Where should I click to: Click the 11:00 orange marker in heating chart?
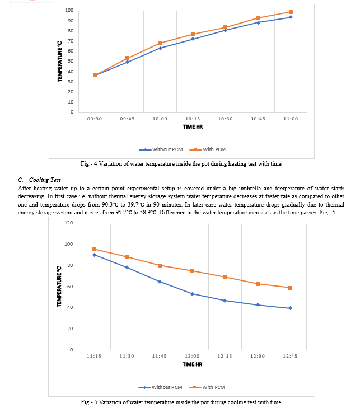pos(291,12)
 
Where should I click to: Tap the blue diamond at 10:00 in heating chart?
pos(160,48)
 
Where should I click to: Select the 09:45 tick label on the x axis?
pos(127,119)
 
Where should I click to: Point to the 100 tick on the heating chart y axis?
pos(69,10)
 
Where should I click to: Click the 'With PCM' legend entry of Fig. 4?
pos(208,149)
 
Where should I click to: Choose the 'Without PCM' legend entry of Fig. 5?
pos(160,387)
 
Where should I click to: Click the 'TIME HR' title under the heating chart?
pos(193,127)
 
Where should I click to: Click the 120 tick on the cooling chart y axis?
pos(69,223)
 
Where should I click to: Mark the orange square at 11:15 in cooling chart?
pos(94,249)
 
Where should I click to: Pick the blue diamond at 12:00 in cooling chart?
pos(193,294)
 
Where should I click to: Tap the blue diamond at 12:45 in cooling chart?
pos(290,308)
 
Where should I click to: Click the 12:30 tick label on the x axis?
pos(258,356)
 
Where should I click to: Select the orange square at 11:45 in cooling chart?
pos(160,266)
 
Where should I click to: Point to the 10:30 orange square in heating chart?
pos(226,27)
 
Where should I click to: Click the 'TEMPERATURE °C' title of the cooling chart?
pos(59,287)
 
